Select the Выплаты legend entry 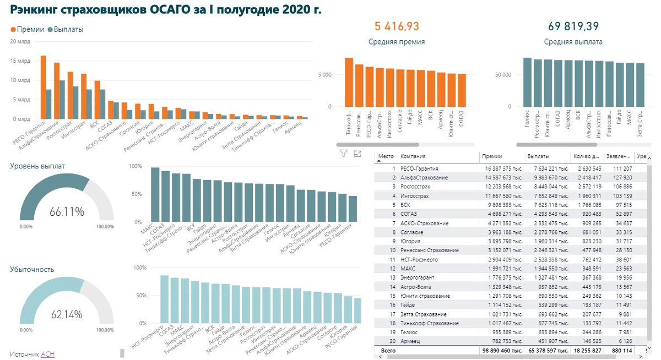(66, 29)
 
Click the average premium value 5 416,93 (397, 26)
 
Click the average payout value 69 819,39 (573, 26)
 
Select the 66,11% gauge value (67, 211)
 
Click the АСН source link (47, 354)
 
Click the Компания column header (413, 156)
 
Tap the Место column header (386, 156)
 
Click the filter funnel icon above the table (343, 154)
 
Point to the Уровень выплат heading (37, 165)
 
